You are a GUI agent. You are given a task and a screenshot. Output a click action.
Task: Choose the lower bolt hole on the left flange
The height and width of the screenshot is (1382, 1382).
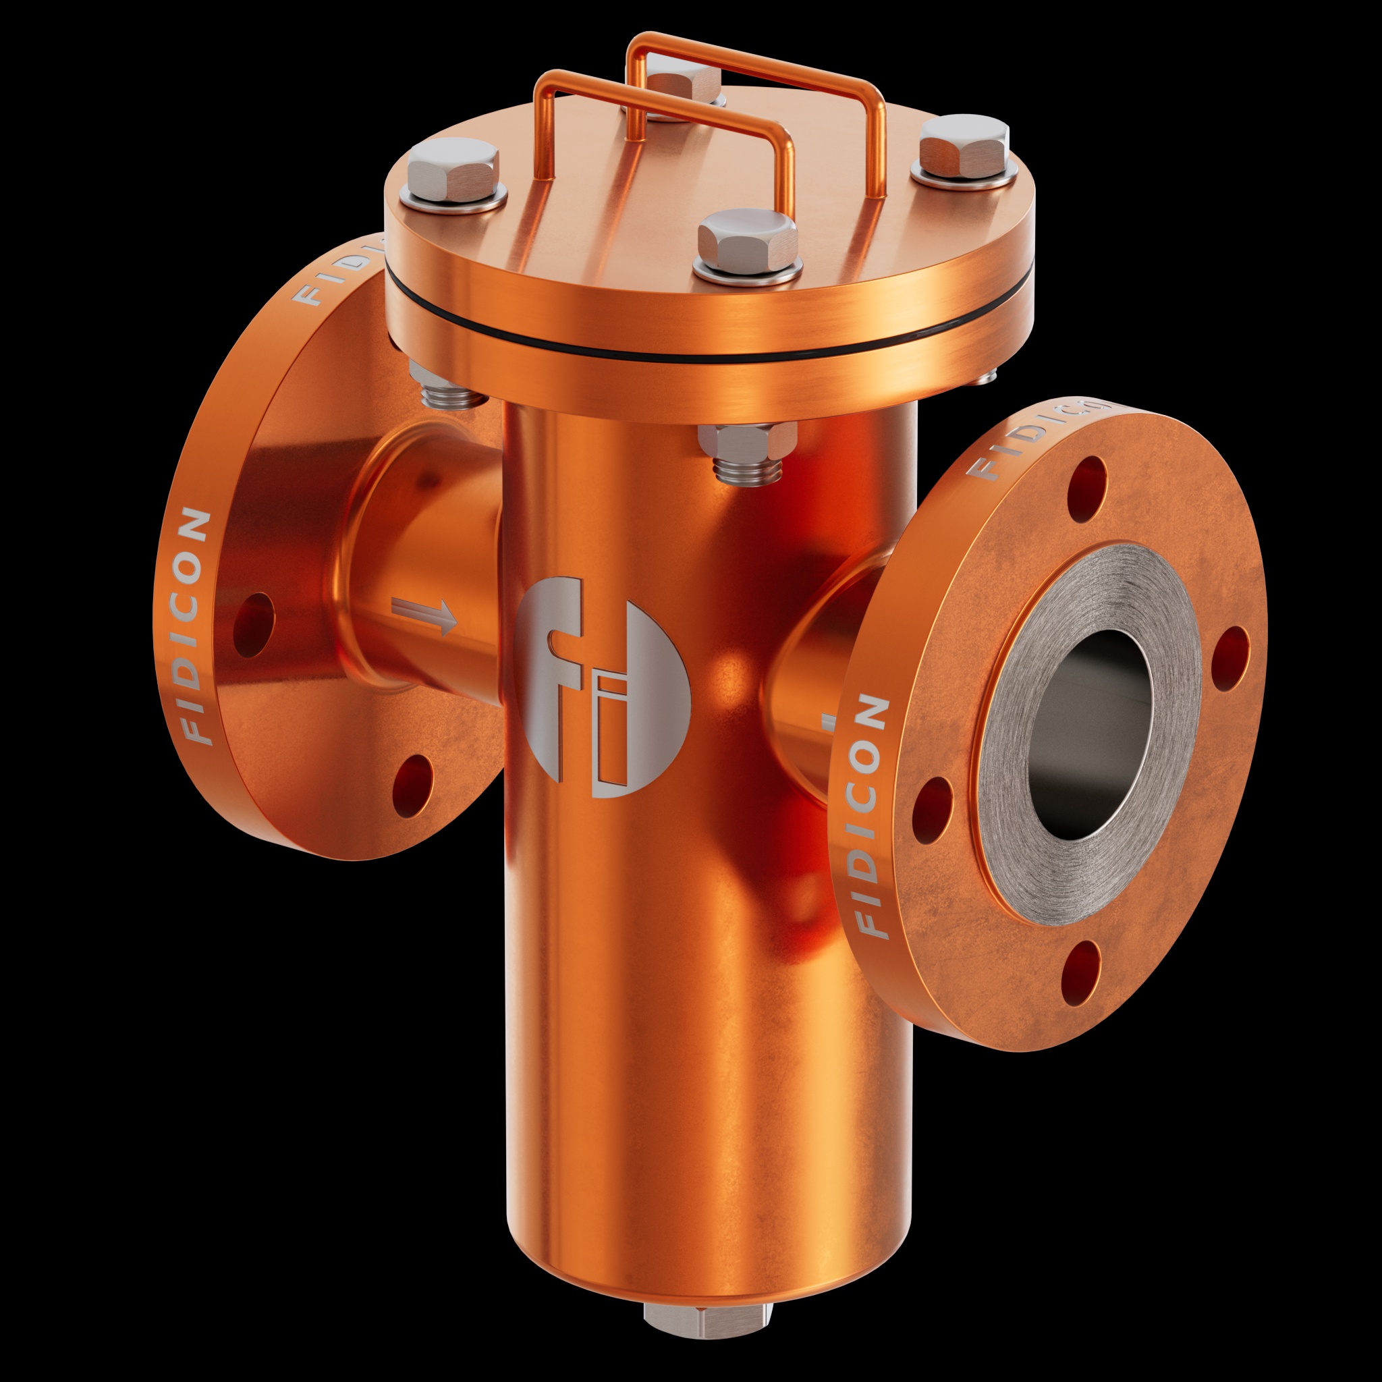tap(413, 785)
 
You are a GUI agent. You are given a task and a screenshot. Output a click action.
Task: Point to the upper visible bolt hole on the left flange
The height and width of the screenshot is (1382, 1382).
tap(254, 624)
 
